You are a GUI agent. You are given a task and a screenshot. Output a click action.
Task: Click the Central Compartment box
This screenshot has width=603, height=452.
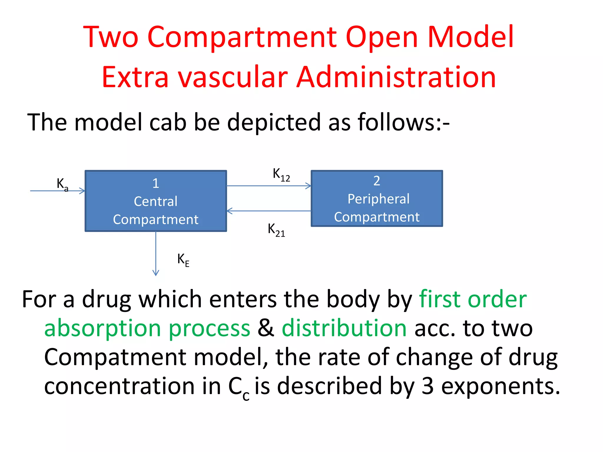coord(156,201)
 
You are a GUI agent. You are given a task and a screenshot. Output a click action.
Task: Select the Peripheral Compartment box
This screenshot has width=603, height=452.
coord(377,199)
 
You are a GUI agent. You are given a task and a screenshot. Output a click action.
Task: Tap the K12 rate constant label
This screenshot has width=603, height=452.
coord(281,175)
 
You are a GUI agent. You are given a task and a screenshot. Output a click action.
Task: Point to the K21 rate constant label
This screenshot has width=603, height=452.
coord(276,230)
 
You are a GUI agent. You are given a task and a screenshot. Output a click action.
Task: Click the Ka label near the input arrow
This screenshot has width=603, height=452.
coord(62,185)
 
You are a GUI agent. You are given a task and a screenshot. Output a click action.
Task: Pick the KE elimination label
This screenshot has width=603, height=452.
coord(183,260)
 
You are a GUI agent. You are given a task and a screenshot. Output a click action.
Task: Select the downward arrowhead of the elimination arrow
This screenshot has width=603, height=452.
coord(156,273)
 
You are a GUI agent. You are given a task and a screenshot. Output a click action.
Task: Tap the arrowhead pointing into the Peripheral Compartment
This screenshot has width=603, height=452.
coord(308,186)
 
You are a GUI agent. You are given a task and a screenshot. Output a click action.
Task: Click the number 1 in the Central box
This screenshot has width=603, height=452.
coord(156,183)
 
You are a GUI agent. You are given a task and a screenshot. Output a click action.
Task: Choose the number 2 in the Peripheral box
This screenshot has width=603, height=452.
coord(377,181)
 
